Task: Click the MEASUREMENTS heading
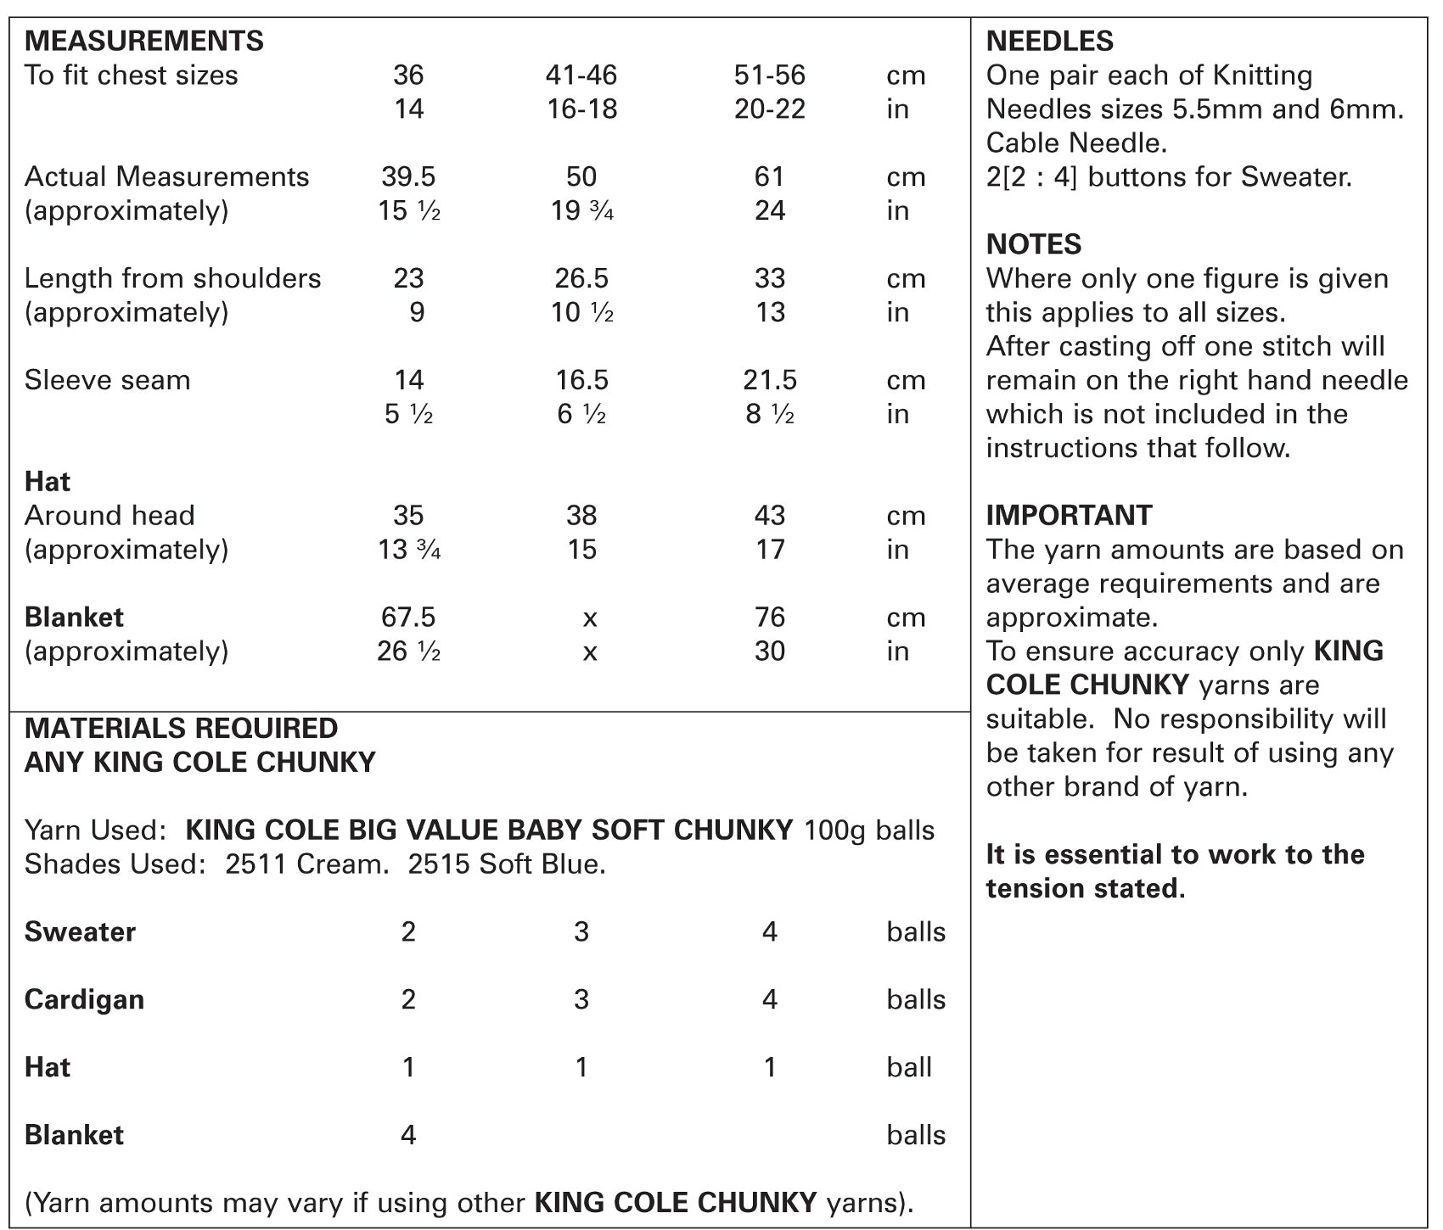coord(143,41)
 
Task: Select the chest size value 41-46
coord(581,75)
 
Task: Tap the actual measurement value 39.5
coord(408,176)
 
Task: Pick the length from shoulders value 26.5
coord(581,278)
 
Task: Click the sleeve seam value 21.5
coord(770,380)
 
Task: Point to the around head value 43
coord(770,516)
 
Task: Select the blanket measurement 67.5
coord(408,618)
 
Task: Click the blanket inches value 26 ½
coord(408,651)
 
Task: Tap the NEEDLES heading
coord(1049,41)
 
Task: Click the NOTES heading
coord(1033,244)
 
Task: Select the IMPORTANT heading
coord(1069,516)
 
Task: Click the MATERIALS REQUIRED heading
coord(181,728)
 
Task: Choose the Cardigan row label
coord(84,999)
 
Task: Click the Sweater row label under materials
coord(80,931)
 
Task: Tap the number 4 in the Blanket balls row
coord(408,1135)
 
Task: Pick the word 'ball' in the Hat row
coord(909,1067)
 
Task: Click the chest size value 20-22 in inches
coord(770,109)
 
